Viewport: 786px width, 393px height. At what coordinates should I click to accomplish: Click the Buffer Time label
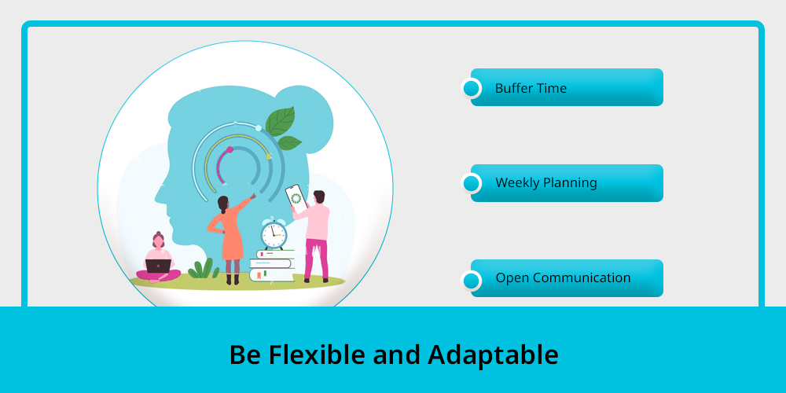tap(531, 88)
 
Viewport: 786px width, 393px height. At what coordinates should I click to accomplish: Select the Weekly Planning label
tap(546, 182)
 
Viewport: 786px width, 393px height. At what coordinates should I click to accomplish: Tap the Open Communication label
tap(563, 277)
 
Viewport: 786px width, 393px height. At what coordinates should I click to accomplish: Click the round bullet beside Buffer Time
tap(471, 88)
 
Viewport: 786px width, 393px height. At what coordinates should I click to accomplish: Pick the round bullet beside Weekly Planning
tap(471, 183)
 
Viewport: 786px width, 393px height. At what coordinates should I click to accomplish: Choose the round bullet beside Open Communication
tap(471, 281)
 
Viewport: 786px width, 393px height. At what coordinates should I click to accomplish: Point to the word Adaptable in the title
tap(493, 355)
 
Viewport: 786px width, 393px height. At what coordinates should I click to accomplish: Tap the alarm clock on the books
tap(274, 233)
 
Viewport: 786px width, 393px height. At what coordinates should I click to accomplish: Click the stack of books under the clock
tap(272, 266)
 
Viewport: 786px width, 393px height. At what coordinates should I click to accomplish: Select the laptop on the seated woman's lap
tap(159, 266)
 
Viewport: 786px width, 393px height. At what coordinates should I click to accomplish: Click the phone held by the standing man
tap(296, 196)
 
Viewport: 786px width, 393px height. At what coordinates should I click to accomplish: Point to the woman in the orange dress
tap(230, 239)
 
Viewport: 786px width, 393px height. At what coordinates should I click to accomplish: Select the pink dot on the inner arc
tap(230, 149)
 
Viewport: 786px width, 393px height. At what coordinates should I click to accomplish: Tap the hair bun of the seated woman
tap(159, 233)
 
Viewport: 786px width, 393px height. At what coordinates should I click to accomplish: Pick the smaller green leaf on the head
tap(289, 143)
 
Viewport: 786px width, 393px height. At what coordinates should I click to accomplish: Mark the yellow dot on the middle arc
tap(268, 156)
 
